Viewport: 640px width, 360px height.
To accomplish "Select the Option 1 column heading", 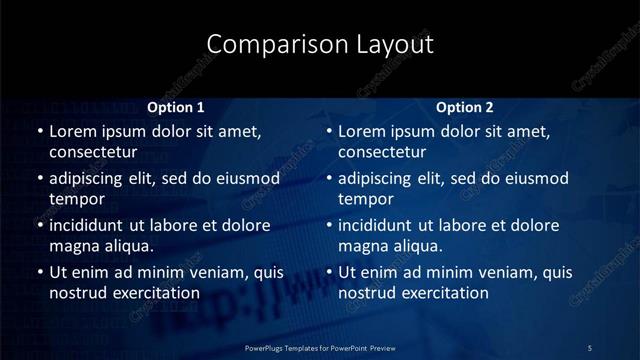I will point(175,107).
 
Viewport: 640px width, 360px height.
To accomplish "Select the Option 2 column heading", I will point(465,107).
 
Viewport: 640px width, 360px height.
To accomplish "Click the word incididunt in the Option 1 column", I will point(94,225).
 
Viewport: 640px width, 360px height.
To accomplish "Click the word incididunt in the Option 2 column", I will point(384,225).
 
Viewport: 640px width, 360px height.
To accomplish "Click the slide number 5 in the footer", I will point(590,347).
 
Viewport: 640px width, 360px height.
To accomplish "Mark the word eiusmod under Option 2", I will point(535,179).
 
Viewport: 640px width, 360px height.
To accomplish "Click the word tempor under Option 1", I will point(75,199).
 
